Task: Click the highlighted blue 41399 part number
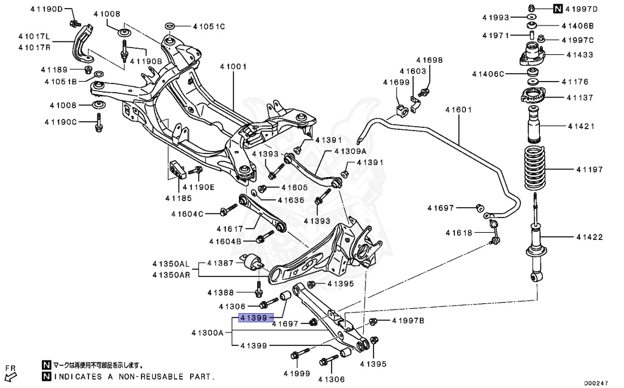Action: click(x=253, y=317)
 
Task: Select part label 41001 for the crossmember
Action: click(x=233, y=66)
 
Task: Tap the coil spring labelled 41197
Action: click(x=534, y=169)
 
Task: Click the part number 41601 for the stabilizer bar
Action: click(x=458, y=109)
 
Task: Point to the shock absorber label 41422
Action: click(x=590, y=237)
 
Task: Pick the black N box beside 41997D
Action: click(x=558, y=9)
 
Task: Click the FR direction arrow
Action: click(x=11, y=376)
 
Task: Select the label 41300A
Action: click(x=207, y=333)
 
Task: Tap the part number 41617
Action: click(x=230, y=229)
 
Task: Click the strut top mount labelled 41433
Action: click(x=531, y=55)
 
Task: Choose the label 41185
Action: click(x=179, y=198)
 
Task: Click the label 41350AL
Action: click(x=171, y=264)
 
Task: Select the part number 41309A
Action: click(x=350, y=151)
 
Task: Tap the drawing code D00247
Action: click(x=596, y=383)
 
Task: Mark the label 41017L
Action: click(x=34, y=37)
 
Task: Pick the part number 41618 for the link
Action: click(x=459, y=233)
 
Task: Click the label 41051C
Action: click(x=209, y=27)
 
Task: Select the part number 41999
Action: click(x=297, y=373)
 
